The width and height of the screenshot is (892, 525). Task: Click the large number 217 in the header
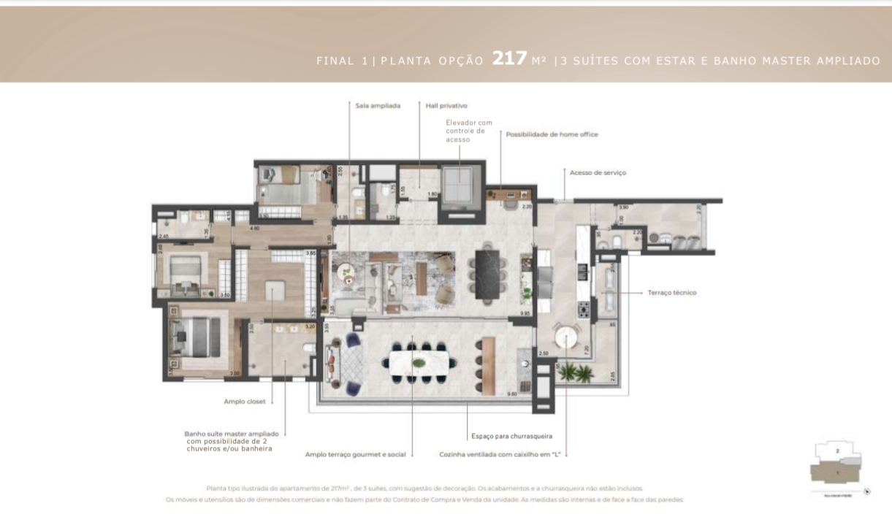[509, 59]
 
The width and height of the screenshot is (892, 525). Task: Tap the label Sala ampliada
[378, 106]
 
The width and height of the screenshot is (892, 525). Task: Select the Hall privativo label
[446, 106]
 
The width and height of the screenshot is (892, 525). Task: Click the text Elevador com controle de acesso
[469, 131]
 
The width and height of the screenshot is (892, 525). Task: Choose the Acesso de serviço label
[598, 173]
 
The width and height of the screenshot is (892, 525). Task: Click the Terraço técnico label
[671, 293]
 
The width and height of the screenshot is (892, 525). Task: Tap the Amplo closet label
[245, 401]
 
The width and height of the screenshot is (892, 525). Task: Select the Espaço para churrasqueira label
[511, 436]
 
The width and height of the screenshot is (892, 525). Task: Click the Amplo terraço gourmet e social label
[355, 454]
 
